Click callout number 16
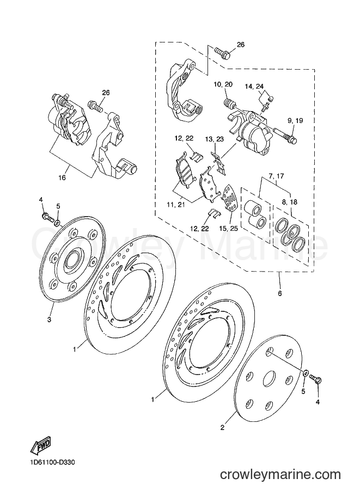[x=62, y=177]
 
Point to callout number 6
[x=280, y=293]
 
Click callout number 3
[x=49, y=320]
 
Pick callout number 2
[x=222, y=427]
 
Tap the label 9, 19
[x=295, y=121]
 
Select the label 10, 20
[x=223, y=84]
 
